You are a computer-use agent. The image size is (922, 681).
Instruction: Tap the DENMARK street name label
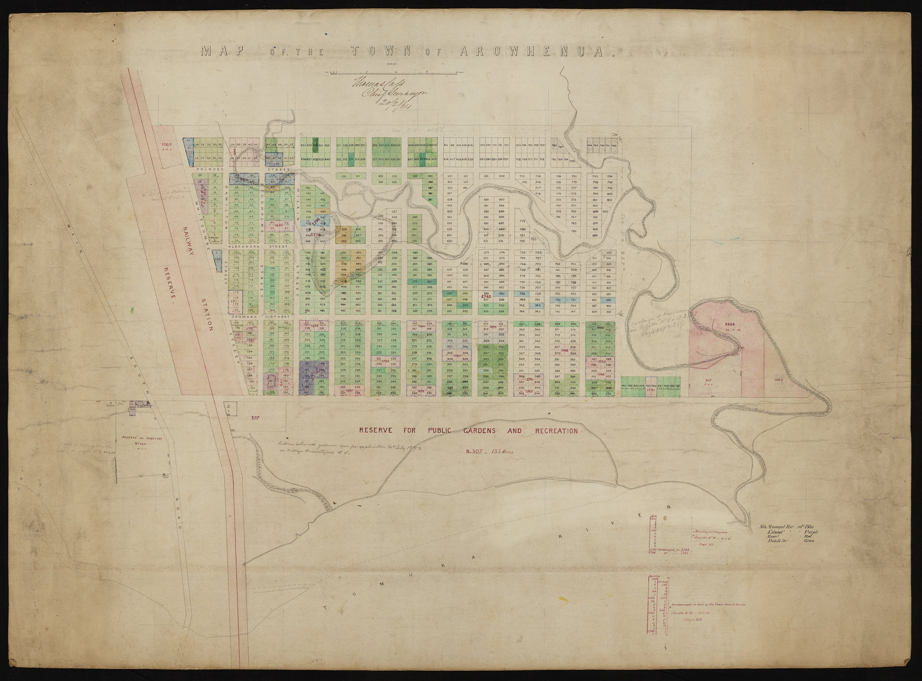pos(241,317)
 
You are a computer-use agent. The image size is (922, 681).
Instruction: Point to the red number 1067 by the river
pos(780,379)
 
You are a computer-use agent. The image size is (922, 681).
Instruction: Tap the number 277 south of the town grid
pos(254,418)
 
